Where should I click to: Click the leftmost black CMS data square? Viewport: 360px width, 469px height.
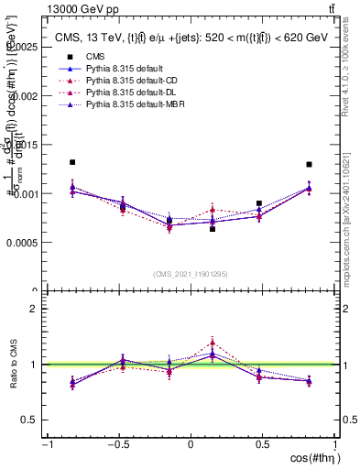point(72,162)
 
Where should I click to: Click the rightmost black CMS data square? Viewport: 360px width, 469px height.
point(310,165)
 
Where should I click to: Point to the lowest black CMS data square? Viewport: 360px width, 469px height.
point(213,229)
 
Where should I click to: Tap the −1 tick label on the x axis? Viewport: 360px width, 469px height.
point(46,445)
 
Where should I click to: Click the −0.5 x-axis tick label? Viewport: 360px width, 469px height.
point(117,445)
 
